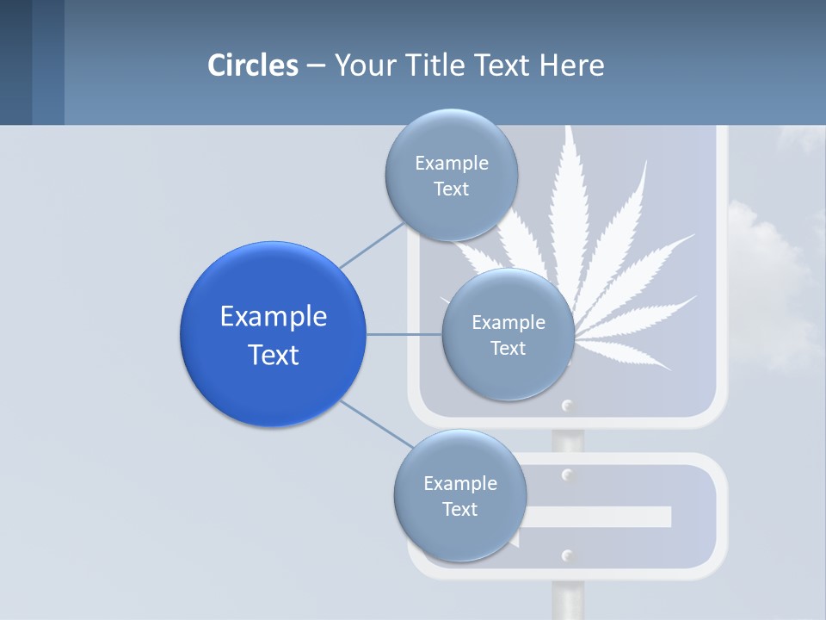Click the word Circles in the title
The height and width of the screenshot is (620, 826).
pos(253,65)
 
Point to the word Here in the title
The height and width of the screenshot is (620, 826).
pos(572,65)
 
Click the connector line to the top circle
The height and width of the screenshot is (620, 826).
pos(372,245)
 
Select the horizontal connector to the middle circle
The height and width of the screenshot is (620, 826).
pos(404,334)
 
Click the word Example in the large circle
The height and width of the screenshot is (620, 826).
pos(274,317)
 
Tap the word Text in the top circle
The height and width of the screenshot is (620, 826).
pos(451,189)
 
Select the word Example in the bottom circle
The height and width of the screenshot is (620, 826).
pos(459,483)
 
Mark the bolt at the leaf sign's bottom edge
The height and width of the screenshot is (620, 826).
pos(567,405)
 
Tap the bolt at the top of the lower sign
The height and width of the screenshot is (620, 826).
pos(567,474)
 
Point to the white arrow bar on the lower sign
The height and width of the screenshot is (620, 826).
pos(602,517)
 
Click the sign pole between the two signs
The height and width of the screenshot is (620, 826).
pos(567,440)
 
